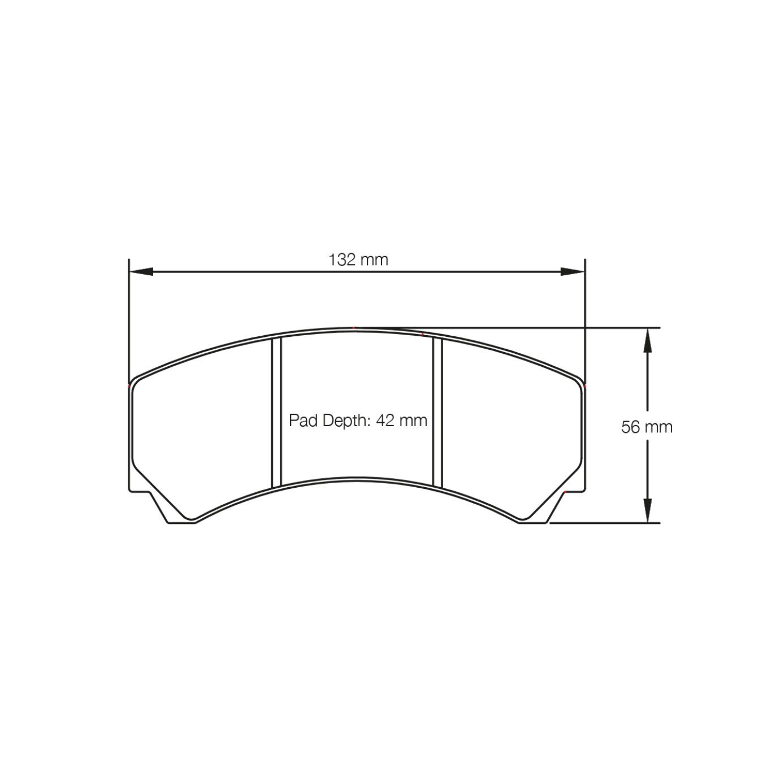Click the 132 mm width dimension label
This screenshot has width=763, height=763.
[358, 259]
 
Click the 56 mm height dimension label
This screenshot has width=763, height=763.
[647, 427]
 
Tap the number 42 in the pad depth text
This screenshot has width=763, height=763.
[388, 420]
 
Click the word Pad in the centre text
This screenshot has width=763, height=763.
[304, 420]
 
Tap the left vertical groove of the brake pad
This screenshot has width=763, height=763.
[276, 413]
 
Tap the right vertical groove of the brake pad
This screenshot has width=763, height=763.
[437, 413]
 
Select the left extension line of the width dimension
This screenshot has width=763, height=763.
[129, 317]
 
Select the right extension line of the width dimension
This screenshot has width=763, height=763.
[585, 317]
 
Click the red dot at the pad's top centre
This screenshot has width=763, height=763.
[354, 328]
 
